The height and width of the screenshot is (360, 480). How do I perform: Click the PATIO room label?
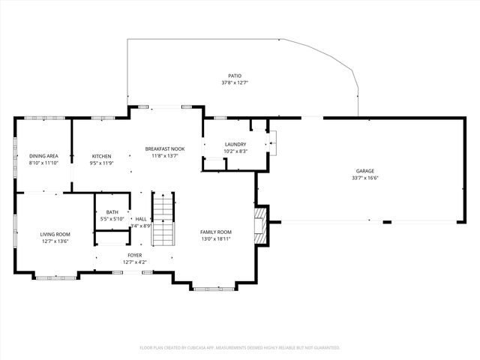coord(235,76)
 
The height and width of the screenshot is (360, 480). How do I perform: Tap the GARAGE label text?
coord(364,171)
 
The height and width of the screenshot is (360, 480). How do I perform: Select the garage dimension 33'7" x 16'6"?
coord(364,178)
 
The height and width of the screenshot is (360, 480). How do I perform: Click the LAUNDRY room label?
coord(235,144)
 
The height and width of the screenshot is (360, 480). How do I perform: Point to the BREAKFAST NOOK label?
coord(164,149)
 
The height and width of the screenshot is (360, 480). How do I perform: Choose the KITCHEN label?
coord(101,156)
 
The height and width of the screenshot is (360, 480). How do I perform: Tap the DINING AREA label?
coord(43,156)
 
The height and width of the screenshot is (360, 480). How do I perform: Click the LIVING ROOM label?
coord(54,234)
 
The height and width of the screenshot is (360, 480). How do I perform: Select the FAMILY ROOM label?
coord(215,232)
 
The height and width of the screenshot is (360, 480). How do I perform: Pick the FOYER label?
coord(134,255)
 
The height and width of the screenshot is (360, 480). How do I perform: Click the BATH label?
coord(112,212)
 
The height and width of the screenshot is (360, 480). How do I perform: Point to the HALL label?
coord(141,219)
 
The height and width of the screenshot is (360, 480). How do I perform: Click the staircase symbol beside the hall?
coord(163,219)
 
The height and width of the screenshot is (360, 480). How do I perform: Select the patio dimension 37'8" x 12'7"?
coord(235,83)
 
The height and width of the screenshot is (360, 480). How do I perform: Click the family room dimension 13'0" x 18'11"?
coord(215,239)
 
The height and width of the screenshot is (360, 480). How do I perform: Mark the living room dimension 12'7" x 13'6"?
coord(54,241)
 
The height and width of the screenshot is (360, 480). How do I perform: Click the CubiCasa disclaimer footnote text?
coord(240,348)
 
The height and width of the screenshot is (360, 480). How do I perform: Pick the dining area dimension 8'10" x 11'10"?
coord(43,163)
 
